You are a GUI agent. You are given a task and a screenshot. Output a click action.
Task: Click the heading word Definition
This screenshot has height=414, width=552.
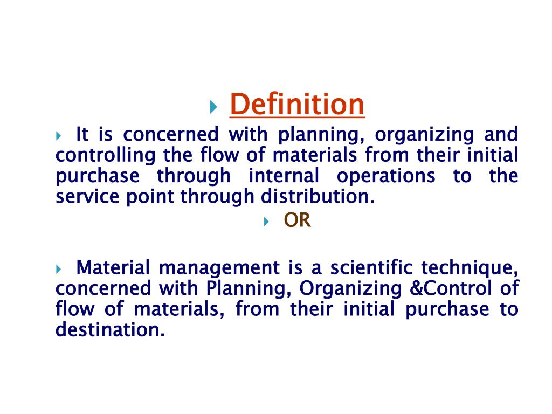(297, 105)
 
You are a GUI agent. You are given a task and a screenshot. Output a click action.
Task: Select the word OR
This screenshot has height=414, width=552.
(298, 220)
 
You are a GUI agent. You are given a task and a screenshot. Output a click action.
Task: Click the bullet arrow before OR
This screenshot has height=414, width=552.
(266, 222)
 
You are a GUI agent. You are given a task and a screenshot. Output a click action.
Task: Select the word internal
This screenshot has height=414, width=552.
(284, 176)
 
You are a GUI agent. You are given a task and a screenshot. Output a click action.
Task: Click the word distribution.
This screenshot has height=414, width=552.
(318, 197)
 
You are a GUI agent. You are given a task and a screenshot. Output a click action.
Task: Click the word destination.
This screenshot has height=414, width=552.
(110, 329)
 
